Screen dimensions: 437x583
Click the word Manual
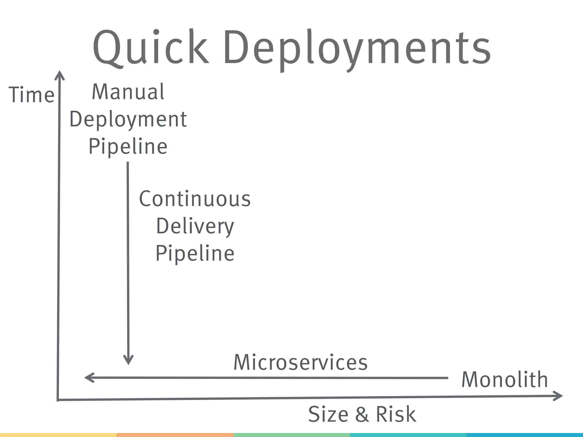(128, 92)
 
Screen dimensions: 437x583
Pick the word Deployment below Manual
(128, 119)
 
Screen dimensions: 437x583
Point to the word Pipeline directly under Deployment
(128, 147)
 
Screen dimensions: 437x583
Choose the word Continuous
(195, 199)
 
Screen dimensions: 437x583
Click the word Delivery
(195, 226)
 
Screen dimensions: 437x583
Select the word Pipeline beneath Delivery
(195, 253)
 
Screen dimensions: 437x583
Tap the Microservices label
(301, 363)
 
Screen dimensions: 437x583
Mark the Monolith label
(504, 380)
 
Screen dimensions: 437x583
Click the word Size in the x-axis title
(328, 414)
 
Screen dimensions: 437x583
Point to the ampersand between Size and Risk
(362, 415)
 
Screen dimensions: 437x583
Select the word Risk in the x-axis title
(396, 414)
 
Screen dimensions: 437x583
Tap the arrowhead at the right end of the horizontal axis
(559, 396)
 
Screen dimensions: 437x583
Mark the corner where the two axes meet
(58, 400)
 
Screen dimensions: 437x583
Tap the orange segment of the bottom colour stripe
(175, 435)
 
